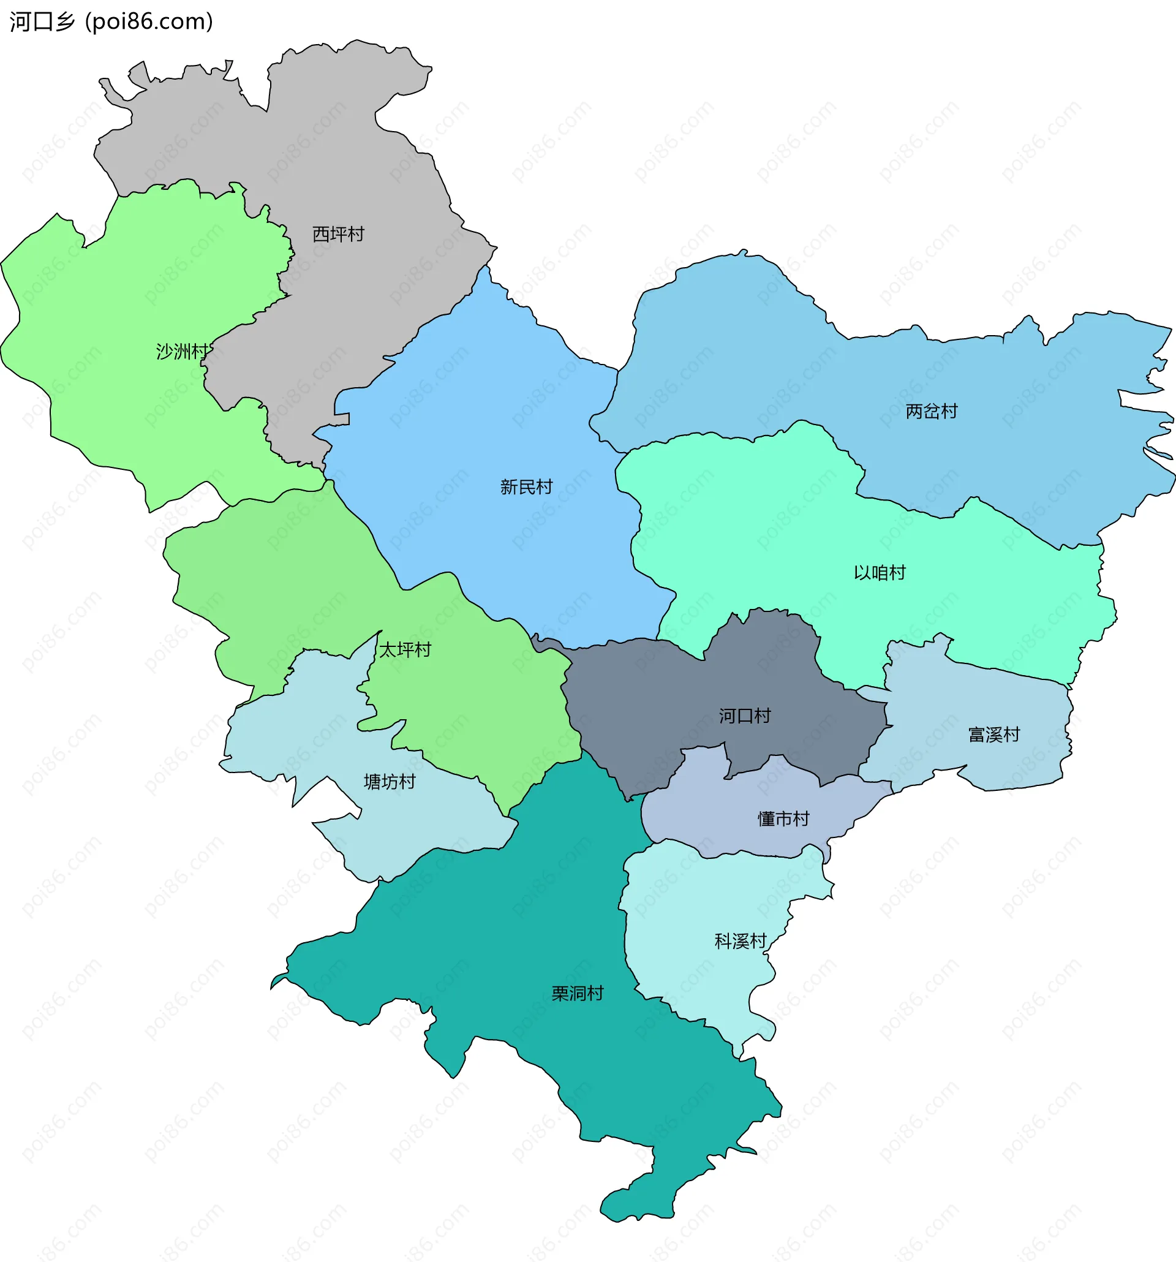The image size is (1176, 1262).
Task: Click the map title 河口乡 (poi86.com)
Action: (x=111, y=21)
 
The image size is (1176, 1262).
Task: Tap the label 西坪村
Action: (x=338, y=234)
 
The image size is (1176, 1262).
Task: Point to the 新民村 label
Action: (x=526, y=487)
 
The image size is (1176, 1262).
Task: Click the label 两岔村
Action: (x=931, y=411)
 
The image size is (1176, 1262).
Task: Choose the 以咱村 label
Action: (x=879, y=573)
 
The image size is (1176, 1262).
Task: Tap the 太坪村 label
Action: (x=405, y=649)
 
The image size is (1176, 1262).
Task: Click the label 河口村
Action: (x=744, y=716)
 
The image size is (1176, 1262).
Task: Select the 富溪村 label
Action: (x=993, y=735)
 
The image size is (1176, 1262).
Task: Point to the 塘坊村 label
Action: (x=389, y=782)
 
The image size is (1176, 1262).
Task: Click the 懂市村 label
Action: (x=783, y=819)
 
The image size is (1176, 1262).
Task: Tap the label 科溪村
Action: (x=741, y=941)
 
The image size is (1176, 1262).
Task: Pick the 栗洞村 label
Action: (x=577, y=994)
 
